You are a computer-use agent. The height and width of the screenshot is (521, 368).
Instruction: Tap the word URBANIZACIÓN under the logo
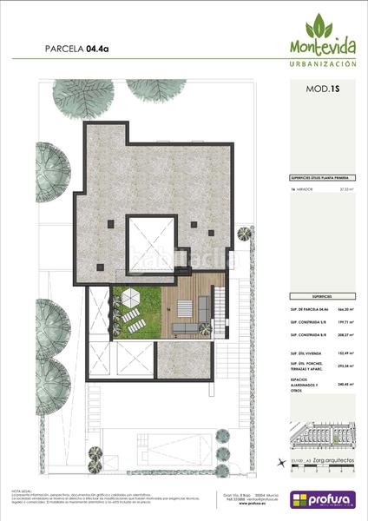322,64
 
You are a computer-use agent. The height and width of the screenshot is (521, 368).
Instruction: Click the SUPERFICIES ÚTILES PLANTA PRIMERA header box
322,176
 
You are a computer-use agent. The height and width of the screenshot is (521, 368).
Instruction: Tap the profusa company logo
323,499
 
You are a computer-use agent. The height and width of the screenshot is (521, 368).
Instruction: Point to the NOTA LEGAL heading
21,489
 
